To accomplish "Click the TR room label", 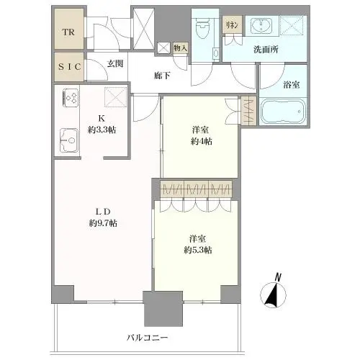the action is click(68, 32).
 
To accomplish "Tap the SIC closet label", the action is click(70, 67).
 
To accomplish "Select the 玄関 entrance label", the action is click(115, 63).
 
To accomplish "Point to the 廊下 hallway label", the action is click(162, 76).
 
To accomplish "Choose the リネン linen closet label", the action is click(232, 25).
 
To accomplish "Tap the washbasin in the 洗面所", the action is click(261, 25).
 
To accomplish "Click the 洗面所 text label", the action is click(266, 50).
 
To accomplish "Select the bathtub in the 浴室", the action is click(283, 111).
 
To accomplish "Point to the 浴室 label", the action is click(292, 85).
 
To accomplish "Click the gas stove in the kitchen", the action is click(71, 98).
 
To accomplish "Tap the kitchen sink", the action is click(69, 140).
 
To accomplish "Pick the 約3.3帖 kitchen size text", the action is click(102, 130).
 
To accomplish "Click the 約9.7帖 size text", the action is click(103, 223).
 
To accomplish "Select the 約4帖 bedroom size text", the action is click(202, 142).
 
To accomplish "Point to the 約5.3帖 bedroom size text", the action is click(198, 251).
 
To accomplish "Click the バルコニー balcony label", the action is click(148, 338).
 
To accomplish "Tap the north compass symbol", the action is click(273, 295).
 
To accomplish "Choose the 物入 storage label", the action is click(180, 48).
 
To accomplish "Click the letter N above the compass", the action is click(278, 277).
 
